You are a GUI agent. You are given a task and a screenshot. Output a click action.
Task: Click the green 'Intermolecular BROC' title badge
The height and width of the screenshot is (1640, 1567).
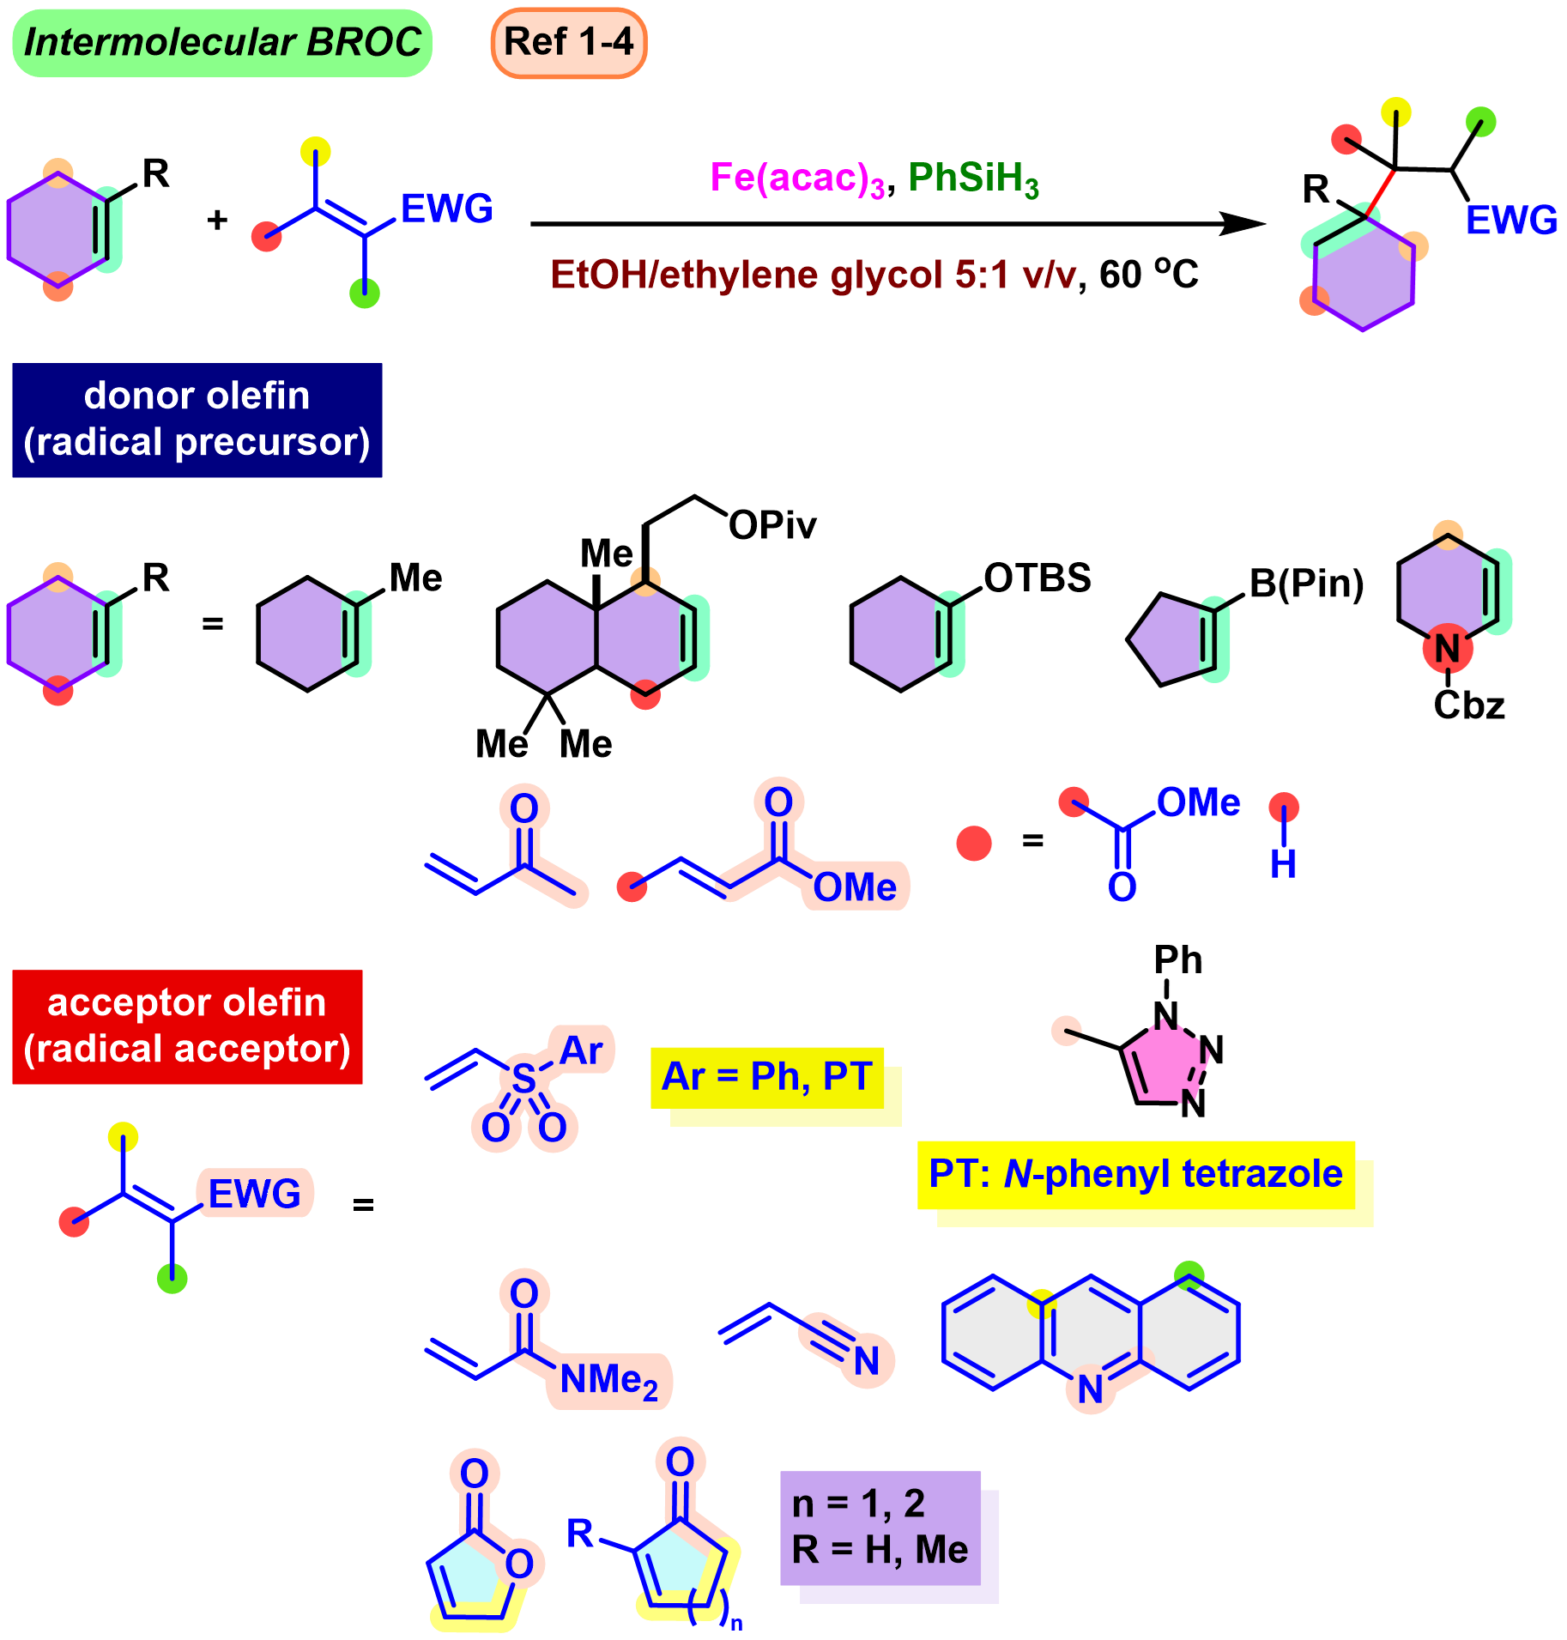click(222, 43)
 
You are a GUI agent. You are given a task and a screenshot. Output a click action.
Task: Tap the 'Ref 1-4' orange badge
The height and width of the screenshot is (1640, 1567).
click(569, 42)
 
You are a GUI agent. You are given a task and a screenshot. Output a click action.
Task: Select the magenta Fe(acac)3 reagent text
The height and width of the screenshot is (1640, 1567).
click(796, 179)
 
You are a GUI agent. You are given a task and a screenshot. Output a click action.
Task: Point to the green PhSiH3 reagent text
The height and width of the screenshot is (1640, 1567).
click(973, 179)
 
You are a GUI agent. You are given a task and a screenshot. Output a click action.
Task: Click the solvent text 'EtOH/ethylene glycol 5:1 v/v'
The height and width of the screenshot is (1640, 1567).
click(813, 275)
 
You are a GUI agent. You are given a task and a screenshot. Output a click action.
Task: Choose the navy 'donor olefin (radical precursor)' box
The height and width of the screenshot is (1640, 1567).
click(197, 420)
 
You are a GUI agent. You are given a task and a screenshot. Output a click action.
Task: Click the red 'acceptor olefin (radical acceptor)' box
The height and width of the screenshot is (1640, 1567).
click(187, 1026)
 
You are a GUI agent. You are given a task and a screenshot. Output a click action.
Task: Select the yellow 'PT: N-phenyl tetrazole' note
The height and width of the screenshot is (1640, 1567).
click(1135, 1175)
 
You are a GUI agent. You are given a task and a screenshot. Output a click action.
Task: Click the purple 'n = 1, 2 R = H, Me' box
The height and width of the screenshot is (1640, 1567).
click(881, 1528)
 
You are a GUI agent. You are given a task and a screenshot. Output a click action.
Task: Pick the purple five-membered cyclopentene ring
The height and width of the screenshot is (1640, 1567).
click(1168, 639)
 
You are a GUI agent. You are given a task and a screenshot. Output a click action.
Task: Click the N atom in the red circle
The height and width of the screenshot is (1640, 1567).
click(1448, 648)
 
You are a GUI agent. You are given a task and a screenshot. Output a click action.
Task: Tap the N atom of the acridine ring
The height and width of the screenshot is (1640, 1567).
click(1090, 1389)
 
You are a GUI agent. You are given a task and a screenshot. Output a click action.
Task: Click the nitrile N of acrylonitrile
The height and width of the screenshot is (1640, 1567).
click(867, 1360)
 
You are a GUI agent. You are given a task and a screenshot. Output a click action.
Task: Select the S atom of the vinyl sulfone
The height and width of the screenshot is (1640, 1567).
click(523, 1079)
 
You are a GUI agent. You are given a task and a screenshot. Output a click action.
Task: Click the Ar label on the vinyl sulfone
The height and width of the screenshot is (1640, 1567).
click(582, 1050)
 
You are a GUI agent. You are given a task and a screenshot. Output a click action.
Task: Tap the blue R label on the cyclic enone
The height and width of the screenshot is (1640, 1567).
click(580, 1534)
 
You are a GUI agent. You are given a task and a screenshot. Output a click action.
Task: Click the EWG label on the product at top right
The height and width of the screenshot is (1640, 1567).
click(1511, 221)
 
